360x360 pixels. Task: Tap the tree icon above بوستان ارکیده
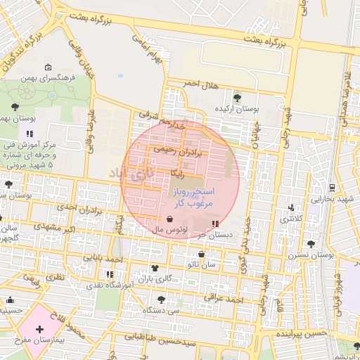(x=236, y=98)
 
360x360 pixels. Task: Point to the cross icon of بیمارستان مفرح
(x=39, y=329)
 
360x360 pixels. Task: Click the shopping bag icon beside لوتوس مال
(x=171, y=219)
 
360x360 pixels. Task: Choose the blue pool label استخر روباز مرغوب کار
(x=192, y=197)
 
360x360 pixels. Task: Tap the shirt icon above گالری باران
(x=155, y=268)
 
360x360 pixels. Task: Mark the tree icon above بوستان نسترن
(x=311, y=244)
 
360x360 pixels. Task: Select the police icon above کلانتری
(x=292, y=207)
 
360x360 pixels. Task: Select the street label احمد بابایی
(x=103, y=258)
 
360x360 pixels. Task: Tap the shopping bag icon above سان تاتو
(x=202, y=254)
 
